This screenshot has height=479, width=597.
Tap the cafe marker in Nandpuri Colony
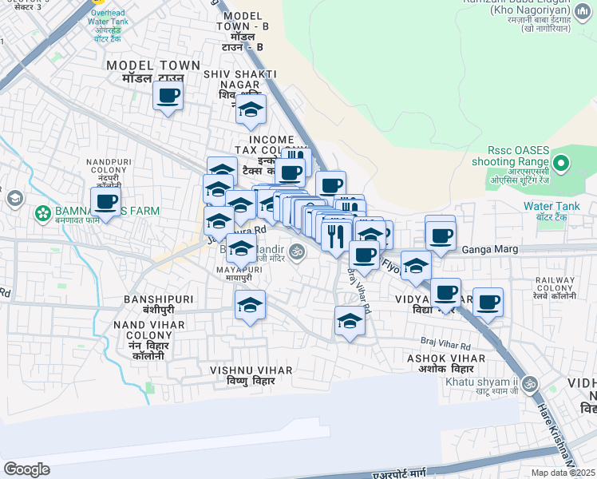click(x=105, y=202)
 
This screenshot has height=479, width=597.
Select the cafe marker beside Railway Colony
click(x=488, y=303)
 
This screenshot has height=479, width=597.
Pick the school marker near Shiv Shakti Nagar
click(x=251, y=109)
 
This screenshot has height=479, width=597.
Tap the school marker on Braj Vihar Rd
click(x=350, y=321)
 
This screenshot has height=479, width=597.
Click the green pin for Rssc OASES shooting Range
click(x=561, y=165)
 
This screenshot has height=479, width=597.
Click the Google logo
click(x=26, y=469)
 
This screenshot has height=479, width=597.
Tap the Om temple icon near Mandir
click(x=297, y=251)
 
